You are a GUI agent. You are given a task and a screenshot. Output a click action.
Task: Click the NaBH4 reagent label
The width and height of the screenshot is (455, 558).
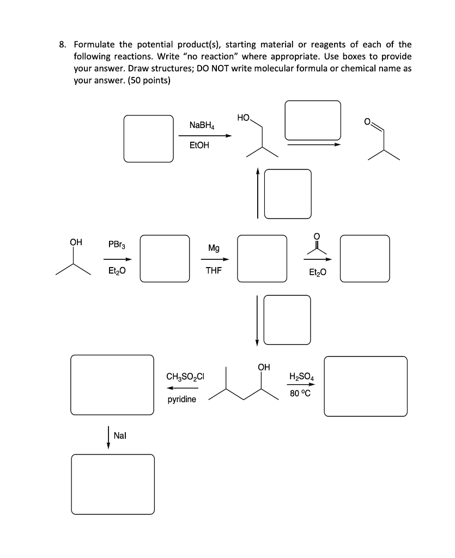[202, 125]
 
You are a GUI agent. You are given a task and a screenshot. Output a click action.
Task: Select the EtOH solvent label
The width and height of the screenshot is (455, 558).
[199, 145]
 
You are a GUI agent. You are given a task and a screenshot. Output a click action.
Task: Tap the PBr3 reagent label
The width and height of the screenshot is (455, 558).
[117, 245]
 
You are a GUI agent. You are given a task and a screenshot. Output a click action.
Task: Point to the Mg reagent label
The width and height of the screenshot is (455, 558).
[214, 248]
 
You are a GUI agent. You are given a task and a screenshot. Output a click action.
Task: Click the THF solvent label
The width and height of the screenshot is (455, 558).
[214, 269]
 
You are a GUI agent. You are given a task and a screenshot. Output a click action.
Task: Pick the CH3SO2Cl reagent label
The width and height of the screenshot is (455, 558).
[185, 376]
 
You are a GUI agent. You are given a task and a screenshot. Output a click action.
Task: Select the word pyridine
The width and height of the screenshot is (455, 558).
[182, 399]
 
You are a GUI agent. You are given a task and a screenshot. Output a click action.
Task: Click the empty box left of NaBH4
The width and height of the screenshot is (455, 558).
[148, 138]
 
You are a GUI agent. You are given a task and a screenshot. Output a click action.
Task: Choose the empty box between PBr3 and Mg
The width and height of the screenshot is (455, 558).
[165, 258]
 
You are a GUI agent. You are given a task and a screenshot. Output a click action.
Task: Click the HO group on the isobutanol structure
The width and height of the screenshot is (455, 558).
[243, 118]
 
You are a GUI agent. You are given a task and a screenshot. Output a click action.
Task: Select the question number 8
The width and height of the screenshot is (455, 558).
[63, 44]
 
